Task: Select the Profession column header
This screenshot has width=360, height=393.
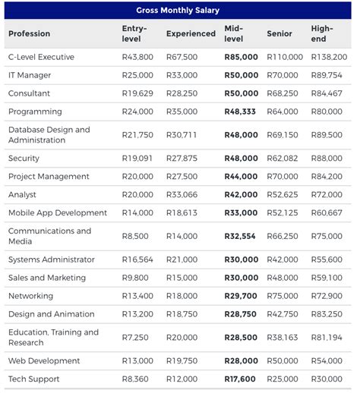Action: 29,34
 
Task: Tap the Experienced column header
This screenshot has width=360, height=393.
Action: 191,34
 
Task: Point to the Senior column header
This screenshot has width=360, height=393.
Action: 279,34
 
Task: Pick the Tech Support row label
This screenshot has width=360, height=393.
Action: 33,379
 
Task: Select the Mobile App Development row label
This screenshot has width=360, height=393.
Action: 58,212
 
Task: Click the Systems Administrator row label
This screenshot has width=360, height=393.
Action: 52,259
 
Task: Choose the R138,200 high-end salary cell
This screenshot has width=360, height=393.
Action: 329,57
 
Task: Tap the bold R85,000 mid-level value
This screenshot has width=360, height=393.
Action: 241,57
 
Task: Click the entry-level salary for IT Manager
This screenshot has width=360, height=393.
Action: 137,75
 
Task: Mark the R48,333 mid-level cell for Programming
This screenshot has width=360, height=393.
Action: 241,112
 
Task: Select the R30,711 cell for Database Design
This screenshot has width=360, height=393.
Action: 182,134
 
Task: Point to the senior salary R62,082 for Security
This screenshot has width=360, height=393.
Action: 283,158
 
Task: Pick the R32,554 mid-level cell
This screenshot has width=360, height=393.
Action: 241,236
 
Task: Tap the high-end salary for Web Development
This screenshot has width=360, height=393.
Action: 327,360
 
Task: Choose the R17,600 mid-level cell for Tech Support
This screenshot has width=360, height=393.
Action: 241,379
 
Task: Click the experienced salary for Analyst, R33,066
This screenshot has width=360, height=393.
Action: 182,194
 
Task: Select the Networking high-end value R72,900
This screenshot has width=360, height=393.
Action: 327,296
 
